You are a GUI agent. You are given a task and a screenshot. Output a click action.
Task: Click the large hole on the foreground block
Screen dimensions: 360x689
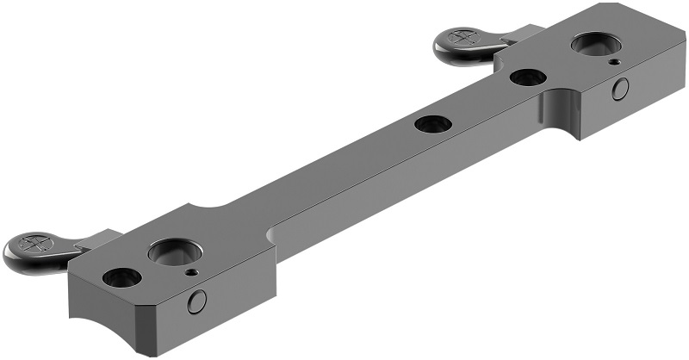click(x=175, y=252)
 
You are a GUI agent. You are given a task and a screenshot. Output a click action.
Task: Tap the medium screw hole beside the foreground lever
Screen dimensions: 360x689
click(x=121, y=277)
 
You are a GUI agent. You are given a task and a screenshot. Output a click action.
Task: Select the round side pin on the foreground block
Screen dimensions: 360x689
click(x=197, y=301)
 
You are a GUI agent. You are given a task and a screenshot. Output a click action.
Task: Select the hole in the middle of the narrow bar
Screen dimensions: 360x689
click(x=432, y=124)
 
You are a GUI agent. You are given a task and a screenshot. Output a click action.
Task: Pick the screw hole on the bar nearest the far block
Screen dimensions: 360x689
click(x=527, y=78)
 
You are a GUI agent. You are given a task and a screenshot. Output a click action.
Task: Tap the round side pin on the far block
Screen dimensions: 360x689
click(x=621, y=88)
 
